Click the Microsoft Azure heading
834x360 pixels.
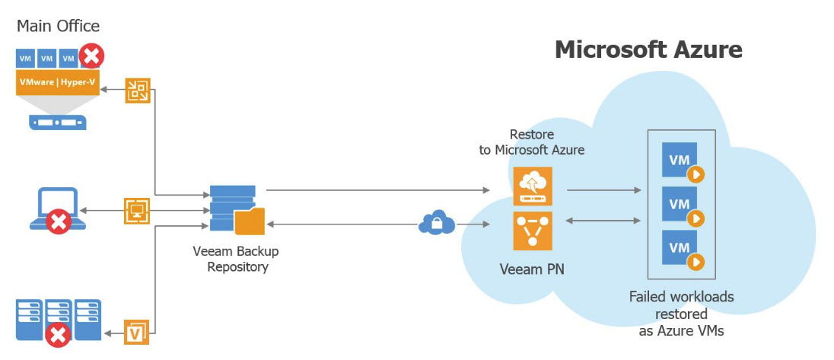pyautogui.click(x=648, y=50)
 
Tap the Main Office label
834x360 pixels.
pyautogui.click(x=59, y=26)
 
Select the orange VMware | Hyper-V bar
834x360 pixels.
pyautogui.click(x=57, y=82)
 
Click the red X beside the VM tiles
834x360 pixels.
pyautogui.click(x=91, y=56)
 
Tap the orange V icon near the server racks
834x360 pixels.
pyautogui.click(x=136, y=333)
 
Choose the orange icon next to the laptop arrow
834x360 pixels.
pyautogui.click(x=137, y=211)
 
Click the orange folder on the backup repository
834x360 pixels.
pyautogui.click(x=250, y=221)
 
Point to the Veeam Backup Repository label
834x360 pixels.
pyautogui.click(x=236, y=259)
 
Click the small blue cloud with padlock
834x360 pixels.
pyautogui.click(x=437, y=223)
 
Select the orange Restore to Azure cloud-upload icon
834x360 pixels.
pyautogui.click(x=533, y=186)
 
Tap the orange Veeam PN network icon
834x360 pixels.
pyautogui.click(x=533, y=231)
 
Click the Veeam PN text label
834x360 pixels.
pyautogui.click(x=532, y=269)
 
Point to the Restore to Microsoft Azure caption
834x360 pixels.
pyautogui.click(x=532, y=142)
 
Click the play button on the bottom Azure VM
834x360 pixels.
pyautogui.click(x=696, y=262)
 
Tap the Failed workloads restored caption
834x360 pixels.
pyautogui.click(x=681, y=314)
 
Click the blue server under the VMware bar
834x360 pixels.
pyautogui.click(x=57, y=123)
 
